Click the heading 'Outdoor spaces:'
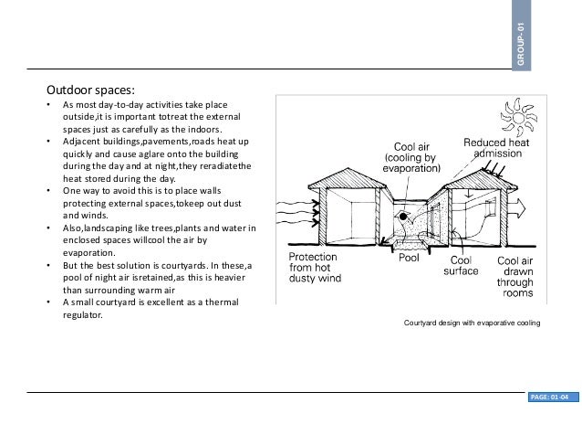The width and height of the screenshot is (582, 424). tap(91, 91)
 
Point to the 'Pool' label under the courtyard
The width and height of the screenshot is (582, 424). tap(410, 260)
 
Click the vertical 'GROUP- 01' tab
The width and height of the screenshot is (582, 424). tap(520, 40)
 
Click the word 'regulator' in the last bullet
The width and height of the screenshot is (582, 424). tap(82, 316)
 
